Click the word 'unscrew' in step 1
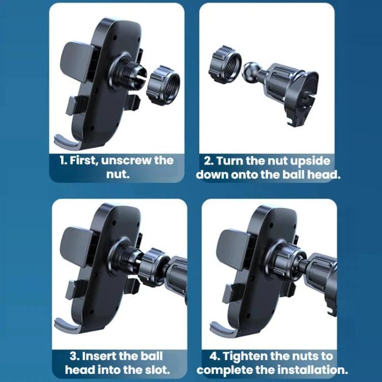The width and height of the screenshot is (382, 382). pyautogui.click(x=126, y=161)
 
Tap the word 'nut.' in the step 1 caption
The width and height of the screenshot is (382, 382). pyautogui.click(x=118, y=174)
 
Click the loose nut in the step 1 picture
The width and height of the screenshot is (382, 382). pyautogui.click(x=163, y=85)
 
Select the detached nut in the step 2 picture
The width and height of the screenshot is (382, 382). pyautogui.click(x=225, y=62)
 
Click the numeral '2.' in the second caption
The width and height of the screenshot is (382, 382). pyautogui.click(x=209, y=161)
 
